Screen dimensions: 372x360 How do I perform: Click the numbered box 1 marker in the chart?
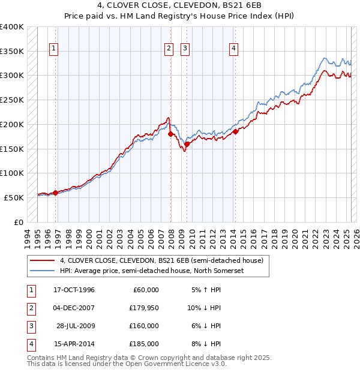tap(55, 49)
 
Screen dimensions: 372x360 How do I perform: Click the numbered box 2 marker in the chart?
tap(169, 49)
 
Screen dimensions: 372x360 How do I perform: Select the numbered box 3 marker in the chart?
tap(186, 49)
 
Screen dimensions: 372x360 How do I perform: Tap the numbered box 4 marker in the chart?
tap(233, 49)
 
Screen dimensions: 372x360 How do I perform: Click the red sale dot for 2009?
tap(187, 144)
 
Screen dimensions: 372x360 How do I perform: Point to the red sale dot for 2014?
tap(236, 131)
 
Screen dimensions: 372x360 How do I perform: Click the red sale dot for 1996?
tap(56, 193)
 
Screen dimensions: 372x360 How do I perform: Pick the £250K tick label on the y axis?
tap(12, 100)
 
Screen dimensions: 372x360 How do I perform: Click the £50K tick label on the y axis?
tap(14, 197)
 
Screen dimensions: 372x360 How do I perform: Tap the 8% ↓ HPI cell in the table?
tap(205, 344)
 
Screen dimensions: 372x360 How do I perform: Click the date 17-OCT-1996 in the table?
tap(74, 290)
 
